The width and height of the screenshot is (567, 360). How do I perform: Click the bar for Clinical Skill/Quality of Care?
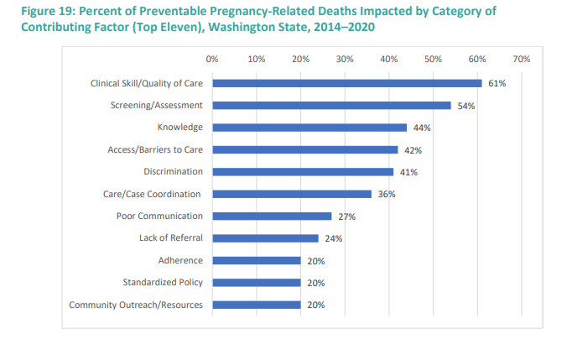(346, 83)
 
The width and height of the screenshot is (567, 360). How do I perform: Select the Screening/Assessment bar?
(331, 106)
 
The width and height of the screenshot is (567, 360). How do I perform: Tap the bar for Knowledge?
(309, 128)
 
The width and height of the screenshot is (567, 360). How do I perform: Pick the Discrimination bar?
(302, 172)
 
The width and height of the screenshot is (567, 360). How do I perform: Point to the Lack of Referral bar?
(265, 238)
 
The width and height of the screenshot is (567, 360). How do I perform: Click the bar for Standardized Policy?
(256, 283)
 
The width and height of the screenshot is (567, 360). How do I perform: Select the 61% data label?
(497, 84)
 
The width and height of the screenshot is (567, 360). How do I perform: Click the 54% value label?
(466, 106)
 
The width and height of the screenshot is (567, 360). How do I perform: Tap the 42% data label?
(413, 150)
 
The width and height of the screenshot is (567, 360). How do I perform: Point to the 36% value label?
(386, 195)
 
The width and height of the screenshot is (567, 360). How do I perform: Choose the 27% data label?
(346, 217)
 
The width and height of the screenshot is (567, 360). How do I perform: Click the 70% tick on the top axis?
(521, 59)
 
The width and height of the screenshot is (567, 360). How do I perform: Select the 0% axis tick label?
(211, 59)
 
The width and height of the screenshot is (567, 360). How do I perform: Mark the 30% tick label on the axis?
(344, 59)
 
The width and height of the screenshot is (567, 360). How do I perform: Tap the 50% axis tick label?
(433, 59)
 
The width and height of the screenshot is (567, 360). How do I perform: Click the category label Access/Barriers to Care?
(155, 149)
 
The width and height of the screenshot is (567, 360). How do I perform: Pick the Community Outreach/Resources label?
(135, 305)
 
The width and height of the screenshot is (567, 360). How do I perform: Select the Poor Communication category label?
(159, 216)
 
